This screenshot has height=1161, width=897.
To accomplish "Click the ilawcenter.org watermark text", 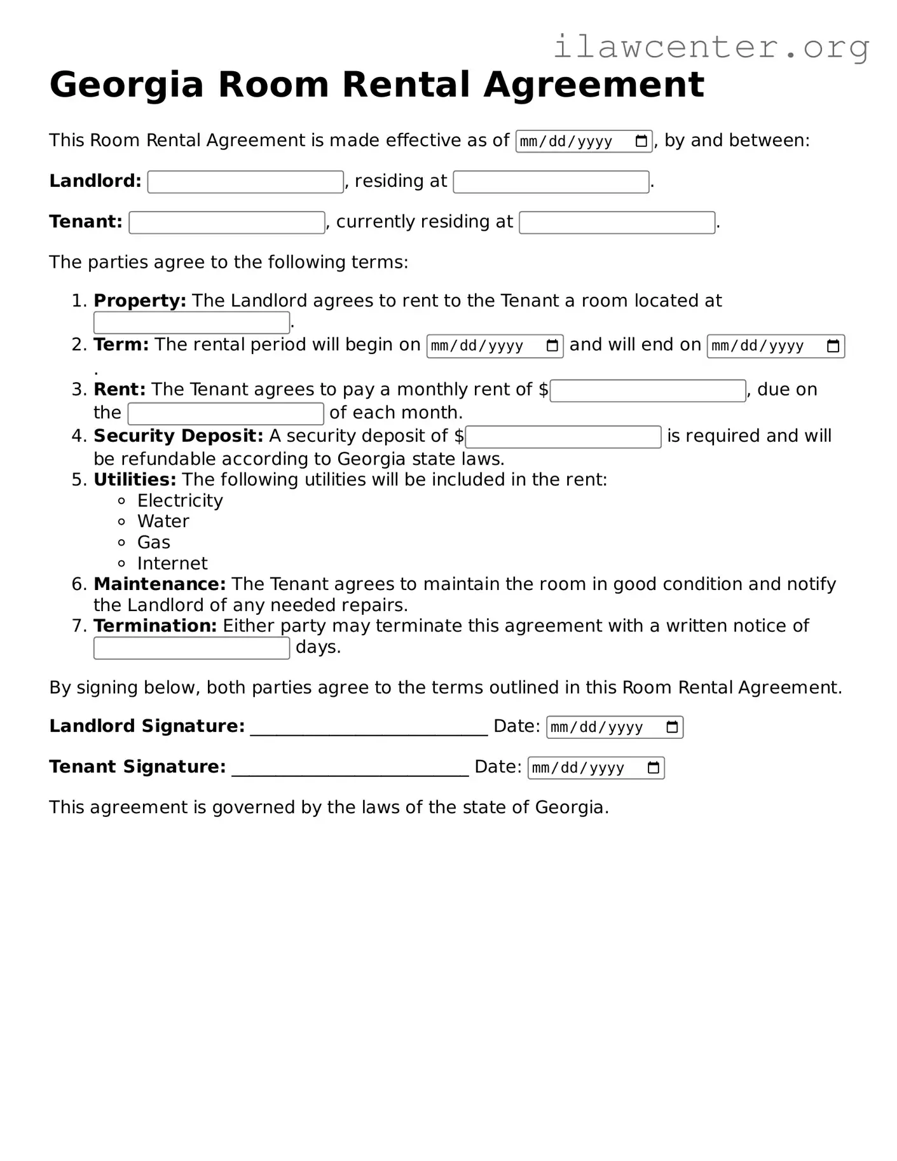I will point(711,47).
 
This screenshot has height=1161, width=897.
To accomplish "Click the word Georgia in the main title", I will point(126,85).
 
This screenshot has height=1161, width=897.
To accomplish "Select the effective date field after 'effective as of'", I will point(583,141).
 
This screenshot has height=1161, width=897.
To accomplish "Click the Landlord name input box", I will point(245,182).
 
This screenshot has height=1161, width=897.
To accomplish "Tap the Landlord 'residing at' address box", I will point(551,182).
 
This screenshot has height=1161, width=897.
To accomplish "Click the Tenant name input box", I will point(227,223).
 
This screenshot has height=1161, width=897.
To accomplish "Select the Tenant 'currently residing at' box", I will point(617,223).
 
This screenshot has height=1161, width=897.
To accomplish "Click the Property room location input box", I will point(191,323).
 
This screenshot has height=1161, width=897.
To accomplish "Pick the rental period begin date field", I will point(494,346).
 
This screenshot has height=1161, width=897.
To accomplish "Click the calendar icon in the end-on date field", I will point(833,346).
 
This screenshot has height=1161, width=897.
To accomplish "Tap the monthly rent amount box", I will point(647,390).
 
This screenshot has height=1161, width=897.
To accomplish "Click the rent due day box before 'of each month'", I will point(226,413).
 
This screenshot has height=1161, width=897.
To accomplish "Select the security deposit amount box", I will point(563,437).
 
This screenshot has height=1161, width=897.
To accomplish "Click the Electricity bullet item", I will point(180,500).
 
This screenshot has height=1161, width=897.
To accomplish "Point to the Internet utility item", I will point(172,563).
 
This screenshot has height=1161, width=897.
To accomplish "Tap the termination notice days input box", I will point(191,648).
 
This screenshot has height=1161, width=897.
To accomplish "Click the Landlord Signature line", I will point(369,729).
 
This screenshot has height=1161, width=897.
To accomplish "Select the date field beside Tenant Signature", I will point(596,768).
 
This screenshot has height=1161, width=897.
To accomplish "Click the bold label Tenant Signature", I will point(137,767).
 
